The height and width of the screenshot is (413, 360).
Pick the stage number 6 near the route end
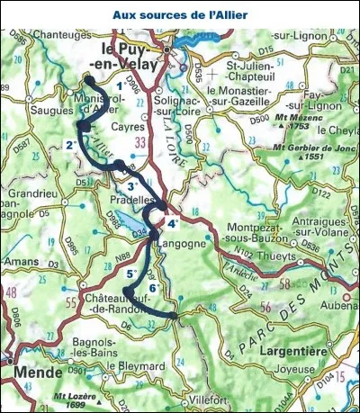pyautogui.click(x=153, y=288)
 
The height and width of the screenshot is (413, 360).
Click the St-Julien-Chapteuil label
pyautogui.click(x=261, y=71)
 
